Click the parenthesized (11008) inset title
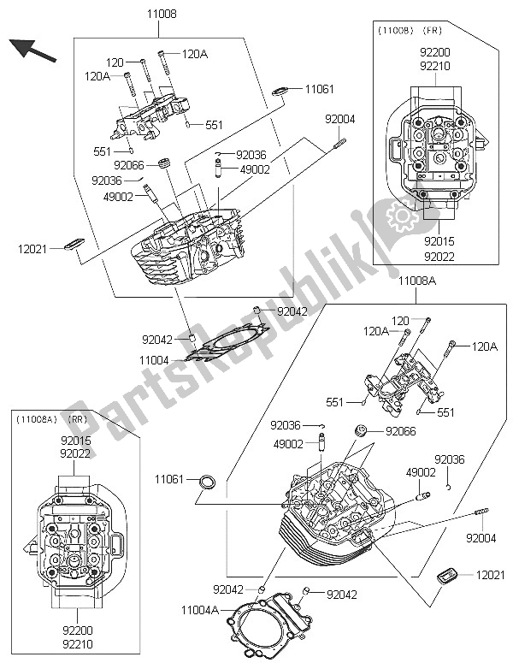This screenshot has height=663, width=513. coord(400,29)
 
